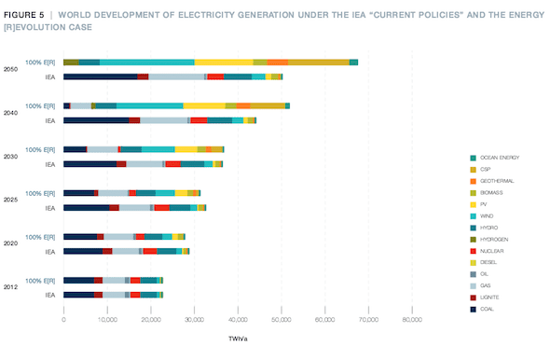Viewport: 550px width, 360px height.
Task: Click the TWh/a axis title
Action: pos(239,339)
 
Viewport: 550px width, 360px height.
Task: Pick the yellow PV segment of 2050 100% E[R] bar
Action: pos(224,62)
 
